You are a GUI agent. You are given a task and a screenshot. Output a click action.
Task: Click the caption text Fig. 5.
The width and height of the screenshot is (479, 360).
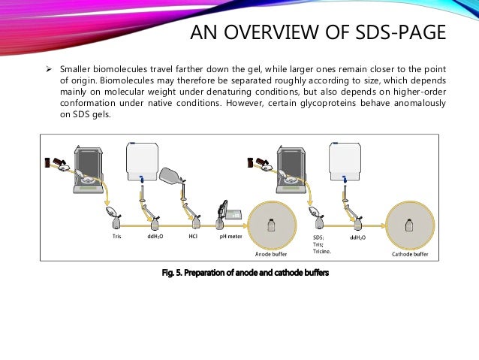[x=173, y=272]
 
